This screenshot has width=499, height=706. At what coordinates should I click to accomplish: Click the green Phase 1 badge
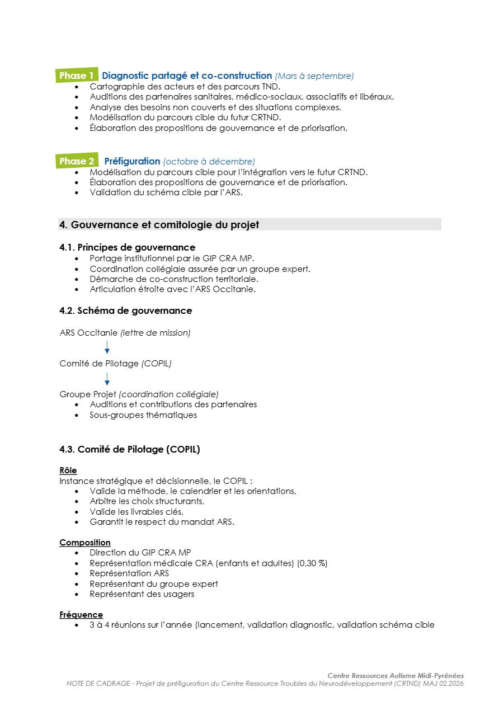(x=77, y=76)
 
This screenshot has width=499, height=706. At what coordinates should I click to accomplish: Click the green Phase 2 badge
(x=77, y=161)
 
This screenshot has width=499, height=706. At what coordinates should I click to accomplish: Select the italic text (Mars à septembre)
(x=314, y=76)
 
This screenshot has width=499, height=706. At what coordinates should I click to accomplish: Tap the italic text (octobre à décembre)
(x=209, y=162)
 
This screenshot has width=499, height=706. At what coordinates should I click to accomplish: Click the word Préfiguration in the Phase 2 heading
(x=132, y=161)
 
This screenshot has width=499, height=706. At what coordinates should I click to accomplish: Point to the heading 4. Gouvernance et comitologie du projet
(x=159, y=225)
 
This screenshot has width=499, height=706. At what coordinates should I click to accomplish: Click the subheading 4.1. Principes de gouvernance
(x=128, y=247)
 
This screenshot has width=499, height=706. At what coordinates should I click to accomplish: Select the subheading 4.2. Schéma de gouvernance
(x=126, y=310)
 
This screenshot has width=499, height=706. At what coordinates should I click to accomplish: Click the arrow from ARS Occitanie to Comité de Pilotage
(x=107, y=348)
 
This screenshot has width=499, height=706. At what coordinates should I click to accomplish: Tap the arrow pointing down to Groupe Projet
(x=107, y=379)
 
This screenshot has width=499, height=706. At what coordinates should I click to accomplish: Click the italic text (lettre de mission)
(x=156, y=333)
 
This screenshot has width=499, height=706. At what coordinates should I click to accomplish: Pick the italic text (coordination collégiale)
(x=169, y=394)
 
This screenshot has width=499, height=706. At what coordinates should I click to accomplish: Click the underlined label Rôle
(x=68, y=470)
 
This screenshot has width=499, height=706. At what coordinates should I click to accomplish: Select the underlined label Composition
(x=85, y=543)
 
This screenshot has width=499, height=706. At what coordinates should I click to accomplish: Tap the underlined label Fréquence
(x=81, y=615)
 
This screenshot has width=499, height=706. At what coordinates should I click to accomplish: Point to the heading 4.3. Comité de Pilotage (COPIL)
(x=130, y=449)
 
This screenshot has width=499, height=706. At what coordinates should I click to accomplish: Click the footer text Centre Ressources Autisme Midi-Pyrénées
(x=396, y=676)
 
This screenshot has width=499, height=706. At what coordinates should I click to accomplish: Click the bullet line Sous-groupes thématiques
(x=143, y=415)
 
